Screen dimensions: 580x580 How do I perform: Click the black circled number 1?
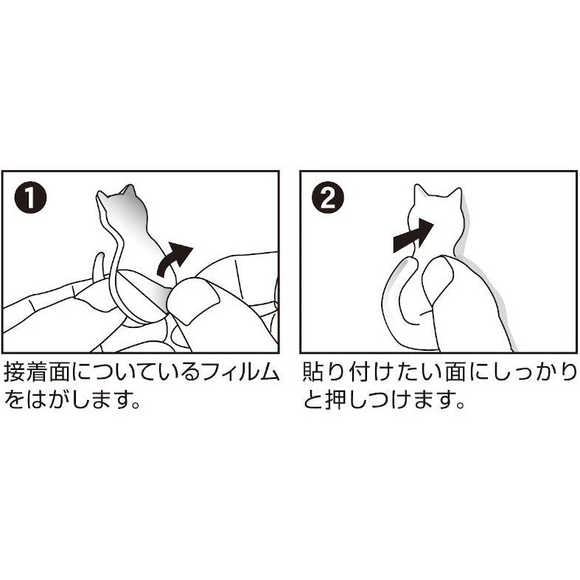[30, 198]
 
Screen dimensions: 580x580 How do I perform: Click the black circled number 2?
[328, 198]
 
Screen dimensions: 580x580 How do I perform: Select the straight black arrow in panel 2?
[413, 235]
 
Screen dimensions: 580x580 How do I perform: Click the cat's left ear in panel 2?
[419, 192]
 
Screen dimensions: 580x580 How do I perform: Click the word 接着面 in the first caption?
[37, 372]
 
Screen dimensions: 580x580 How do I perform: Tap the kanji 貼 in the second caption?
[315, 372]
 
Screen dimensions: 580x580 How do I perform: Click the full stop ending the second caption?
[460, 405]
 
